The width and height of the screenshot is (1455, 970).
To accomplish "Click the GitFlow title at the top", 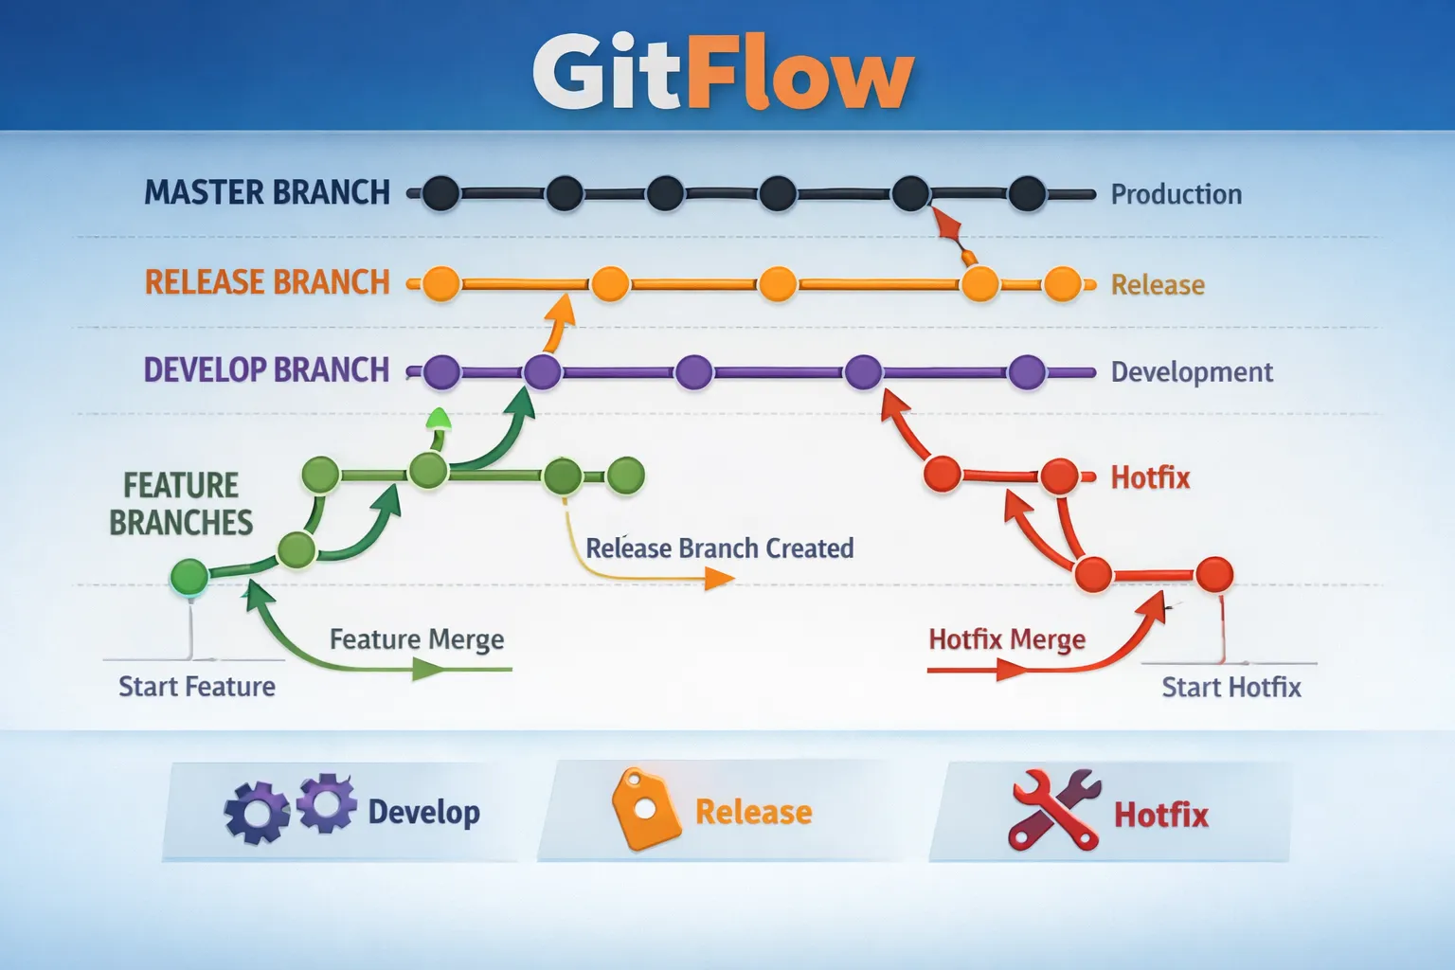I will (723, 73).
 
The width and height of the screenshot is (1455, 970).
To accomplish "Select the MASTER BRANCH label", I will (266, 192).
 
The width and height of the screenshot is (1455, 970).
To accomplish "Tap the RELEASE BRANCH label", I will (266, 282).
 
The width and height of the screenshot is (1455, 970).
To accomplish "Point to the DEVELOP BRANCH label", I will (266, 369).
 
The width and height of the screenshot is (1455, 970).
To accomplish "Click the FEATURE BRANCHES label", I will (181, 504).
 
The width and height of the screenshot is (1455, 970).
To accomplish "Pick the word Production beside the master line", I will (1176, 194).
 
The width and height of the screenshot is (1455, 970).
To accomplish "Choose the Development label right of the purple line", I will (1191, 371).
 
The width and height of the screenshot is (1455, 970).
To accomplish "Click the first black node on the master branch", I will (440, 193).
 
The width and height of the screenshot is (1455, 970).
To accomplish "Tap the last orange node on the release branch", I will (1062, 283).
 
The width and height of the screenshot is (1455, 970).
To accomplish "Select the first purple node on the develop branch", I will (441, 372).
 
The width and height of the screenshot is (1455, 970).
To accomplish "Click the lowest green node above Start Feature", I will (189, 576).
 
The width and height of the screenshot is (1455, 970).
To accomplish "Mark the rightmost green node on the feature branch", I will (625, 476).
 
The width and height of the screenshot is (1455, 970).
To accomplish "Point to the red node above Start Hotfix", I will (1213, 574).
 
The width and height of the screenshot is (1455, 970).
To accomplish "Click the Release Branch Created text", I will (719, 548).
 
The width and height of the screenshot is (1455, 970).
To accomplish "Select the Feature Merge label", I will (416, 639).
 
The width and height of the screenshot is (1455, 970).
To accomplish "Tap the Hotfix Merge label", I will (1006, 639).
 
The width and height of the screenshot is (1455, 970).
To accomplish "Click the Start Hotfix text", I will (1230, 687).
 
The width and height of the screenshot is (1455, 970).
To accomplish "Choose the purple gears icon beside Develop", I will (290, 808).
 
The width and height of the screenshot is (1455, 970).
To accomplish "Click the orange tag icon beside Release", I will (645, 808).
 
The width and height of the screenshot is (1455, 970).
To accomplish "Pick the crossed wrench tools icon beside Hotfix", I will (1054, 810).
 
